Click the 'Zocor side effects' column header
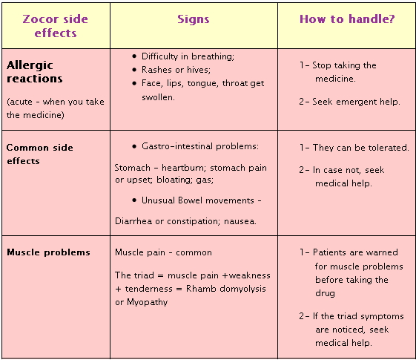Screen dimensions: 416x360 (x=55, y=26)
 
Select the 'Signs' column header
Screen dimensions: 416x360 (x=194, y=19)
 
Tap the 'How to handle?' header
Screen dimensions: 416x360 (x=347, y=19)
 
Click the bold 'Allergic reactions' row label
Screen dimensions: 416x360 (x=35, y=72)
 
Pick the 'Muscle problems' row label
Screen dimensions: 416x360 (x=48, y=252)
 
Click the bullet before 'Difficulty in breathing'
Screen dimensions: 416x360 (x=134, y=56)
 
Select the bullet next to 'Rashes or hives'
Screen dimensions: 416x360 (x=134, y=70)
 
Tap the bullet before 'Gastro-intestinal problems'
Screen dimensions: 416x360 (x=134, y=146)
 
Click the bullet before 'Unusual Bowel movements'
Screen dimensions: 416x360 (x=134, y=200)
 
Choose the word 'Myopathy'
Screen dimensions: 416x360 (x=148, y=302)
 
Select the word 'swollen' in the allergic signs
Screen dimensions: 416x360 (x=158, y=97)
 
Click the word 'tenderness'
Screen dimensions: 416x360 (x=148, y=289)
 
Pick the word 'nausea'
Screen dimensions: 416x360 (x=240, y=221)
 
